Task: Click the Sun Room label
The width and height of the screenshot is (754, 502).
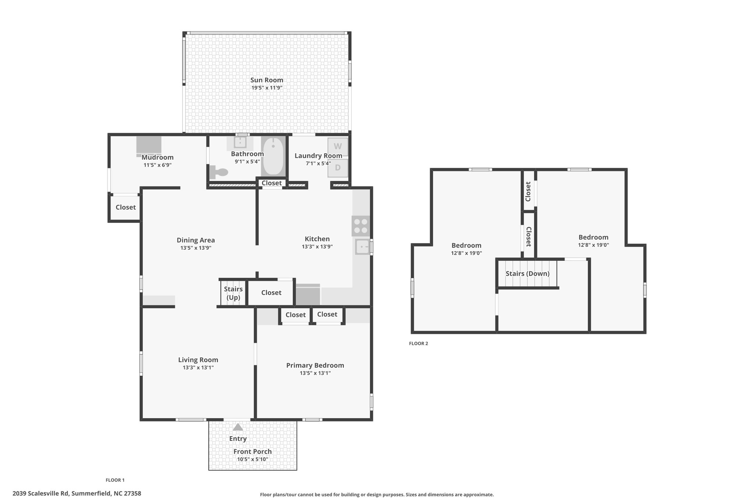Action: (267, 80)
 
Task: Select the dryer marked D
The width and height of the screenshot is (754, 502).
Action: (338, 168)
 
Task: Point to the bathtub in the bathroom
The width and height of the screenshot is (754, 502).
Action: (273, 156)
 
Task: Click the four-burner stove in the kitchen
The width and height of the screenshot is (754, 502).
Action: (360, 225)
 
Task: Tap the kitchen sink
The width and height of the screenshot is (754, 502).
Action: (363, 246)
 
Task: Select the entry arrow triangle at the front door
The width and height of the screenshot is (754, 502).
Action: (238, 427)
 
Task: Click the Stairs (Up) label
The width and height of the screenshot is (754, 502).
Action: (233, 293)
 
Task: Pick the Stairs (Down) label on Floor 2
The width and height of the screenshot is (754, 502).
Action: (527, 273)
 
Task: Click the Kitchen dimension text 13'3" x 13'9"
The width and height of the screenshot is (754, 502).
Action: (317, 247)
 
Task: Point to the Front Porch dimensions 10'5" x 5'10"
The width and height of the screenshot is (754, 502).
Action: (253, 459)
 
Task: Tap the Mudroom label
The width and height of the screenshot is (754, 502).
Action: (158, 157)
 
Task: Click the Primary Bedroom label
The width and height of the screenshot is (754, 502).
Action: (315, 365)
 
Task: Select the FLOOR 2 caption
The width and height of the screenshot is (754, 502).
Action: (419, 343)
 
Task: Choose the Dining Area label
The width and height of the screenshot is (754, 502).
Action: (196, 240)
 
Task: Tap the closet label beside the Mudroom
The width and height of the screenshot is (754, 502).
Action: (126, 207)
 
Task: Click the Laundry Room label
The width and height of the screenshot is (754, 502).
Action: (318, 156)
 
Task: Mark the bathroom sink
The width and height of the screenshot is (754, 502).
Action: (240, 142)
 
